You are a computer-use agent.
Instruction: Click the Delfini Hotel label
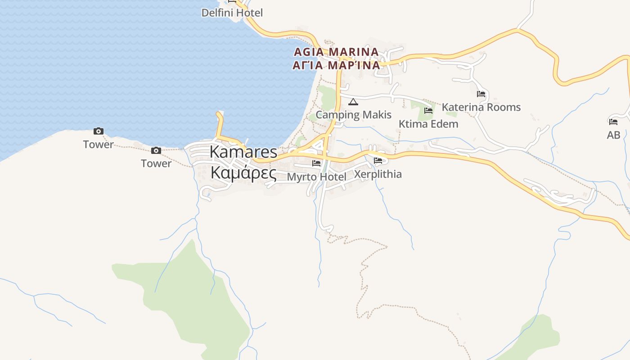coord(232,13)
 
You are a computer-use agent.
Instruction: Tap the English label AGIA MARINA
coord(336,52)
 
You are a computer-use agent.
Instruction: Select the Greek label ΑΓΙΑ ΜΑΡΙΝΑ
coord(336,65)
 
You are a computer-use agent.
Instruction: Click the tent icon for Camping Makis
coord(353,102)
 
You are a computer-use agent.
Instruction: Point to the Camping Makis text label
coord(353,115)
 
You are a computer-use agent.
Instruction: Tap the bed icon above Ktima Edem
coord(428,110)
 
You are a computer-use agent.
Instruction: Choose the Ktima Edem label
coord(428,124)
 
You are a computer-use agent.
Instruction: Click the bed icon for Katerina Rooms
coord(481,94)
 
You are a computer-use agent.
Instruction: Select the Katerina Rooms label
coord(481,107)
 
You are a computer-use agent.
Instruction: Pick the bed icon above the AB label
coord(613,121)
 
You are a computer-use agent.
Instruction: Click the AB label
coord(613,135)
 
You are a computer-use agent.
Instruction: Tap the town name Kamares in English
coord(243,152)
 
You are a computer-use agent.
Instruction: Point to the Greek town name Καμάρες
coord(243,172)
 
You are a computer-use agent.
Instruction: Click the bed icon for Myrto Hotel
coord(316,163)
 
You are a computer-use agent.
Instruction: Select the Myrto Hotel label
coord(316,177)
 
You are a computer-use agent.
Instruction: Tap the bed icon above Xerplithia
coord(378,161)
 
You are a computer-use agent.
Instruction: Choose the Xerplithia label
coord(378,174)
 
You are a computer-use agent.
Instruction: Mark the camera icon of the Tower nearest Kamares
coord(156,150)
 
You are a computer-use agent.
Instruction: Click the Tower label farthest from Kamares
coord(99,144)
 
